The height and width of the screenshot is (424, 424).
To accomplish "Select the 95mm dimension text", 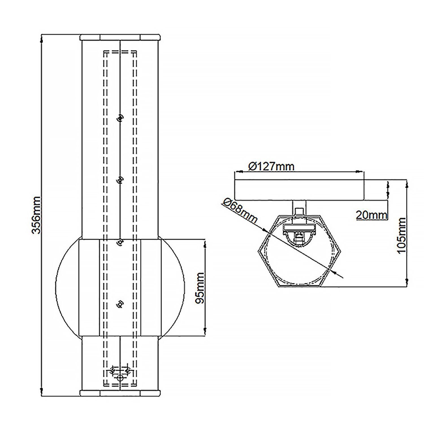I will [200, 288].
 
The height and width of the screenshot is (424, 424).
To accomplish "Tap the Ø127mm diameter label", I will [271, 166].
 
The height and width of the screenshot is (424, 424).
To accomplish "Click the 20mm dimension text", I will [371, 215].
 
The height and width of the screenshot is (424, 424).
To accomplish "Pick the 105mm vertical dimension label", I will [401, 235].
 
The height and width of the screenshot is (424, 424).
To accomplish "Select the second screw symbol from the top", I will [120, 180].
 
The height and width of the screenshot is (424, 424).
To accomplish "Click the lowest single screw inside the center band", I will [120, 304].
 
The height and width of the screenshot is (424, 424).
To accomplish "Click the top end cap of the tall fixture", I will [120, 37].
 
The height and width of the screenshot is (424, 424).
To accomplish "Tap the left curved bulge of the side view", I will [67, 288].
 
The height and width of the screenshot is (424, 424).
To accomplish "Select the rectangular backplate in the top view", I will [299, 189].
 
